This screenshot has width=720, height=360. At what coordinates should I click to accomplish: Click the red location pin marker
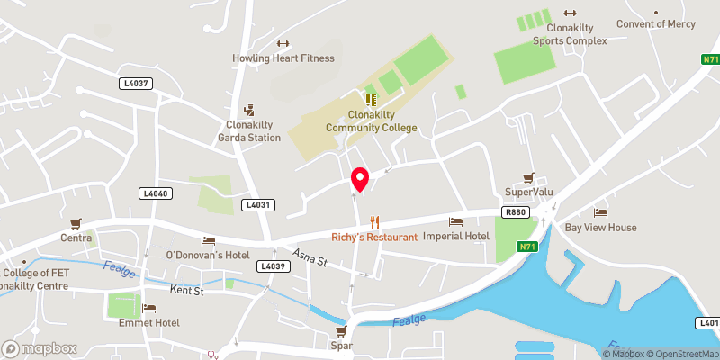coord(360,179)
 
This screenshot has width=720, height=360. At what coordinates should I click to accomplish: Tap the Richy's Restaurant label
coord(374,237)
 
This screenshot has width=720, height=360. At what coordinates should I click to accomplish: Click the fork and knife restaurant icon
coord(375,221)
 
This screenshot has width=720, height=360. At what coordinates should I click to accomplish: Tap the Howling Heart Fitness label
coord(283,58)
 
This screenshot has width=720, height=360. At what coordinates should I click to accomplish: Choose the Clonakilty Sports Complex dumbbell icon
coord(569,13)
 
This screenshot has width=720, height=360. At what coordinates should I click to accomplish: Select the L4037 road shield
coord(136,83)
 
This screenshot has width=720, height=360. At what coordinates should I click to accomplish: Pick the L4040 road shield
coord(156,193)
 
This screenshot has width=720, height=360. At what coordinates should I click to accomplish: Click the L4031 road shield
coord(256,205)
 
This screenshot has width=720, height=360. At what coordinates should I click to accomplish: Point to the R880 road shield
coord(516,212)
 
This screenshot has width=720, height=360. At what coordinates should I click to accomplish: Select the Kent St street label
coord(187,290)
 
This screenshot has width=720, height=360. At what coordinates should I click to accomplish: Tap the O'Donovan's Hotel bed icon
coord(209,240)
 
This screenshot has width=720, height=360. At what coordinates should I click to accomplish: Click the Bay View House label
coord(600,228)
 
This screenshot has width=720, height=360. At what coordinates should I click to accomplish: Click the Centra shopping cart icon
coord(76,223)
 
